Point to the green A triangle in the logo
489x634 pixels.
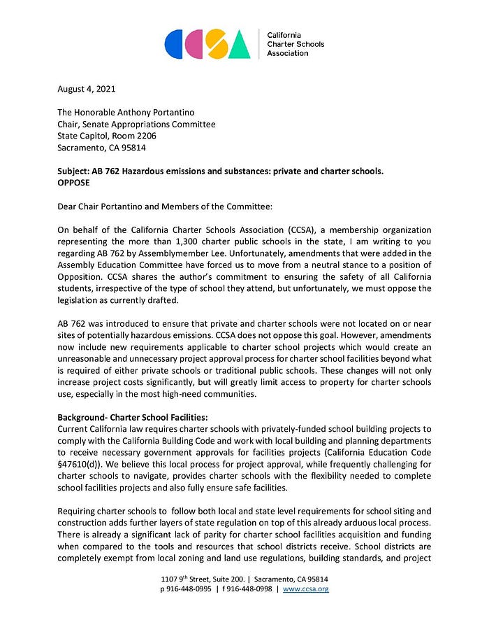click(239, 46)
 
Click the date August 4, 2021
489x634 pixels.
click(87, 89)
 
